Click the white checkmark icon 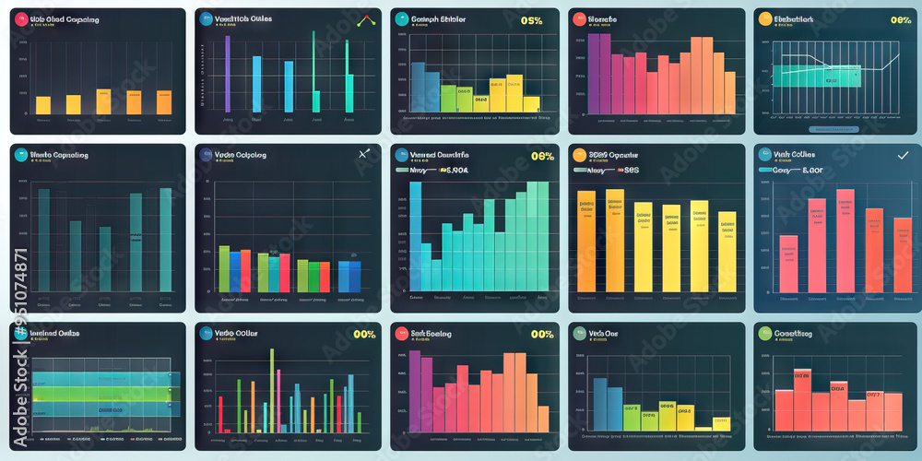pyautogui.click(x=903, y=156)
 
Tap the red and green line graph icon pyautogui.click(x=366, y=19)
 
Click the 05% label pyautogui.click(x=531, y=20)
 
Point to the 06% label pyautogui.click(x=542, y=156)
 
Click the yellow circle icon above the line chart pyautogui.click(x=763, y=18)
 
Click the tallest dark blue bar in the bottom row pyautogui.click(x=599, y=404)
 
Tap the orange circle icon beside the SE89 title pyautogui.click(x=579, y=155)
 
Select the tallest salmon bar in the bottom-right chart pyautogui.click(x=802, y=398)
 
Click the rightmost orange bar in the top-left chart pyautogui.click(x=163, y=101)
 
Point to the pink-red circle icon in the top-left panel pyautogui.click(x=20, y=18)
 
